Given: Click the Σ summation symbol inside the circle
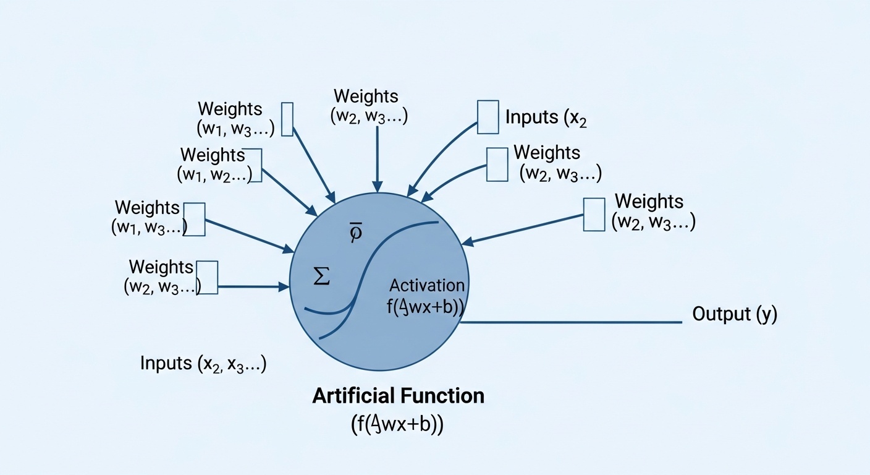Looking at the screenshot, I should [x=321, y=277].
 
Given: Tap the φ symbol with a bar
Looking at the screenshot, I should [x=355, y=232].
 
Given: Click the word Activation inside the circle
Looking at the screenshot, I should [x=427, y=285].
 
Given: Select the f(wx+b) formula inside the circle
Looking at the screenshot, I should [x=426, y=307].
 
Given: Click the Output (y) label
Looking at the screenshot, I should [x=734, y=314].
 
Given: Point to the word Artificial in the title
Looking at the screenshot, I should [x=352, y=396].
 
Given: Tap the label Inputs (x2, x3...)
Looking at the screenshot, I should [x=203, y=364].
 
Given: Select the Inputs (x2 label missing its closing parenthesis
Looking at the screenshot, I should [x=546, y=118].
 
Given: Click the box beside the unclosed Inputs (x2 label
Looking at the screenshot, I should [x=488, y=117].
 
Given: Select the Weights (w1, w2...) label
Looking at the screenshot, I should [x=214, y=165].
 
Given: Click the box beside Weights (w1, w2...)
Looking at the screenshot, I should [x=255, y=165].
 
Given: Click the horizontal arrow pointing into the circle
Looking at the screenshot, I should [x=253, y=286].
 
